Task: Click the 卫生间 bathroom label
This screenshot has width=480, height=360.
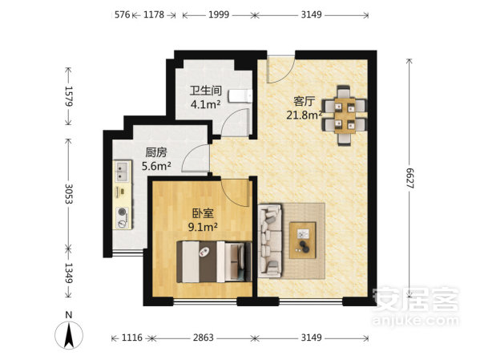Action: click(x=205, y=91)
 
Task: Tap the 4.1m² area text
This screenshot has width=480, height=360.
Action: click(x=205, y=104)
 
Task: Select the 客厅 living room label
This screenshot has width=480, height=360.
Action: click(x=304, y=101)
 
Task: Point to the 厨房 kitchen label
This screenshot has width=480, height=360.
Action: click(x=156, y=152)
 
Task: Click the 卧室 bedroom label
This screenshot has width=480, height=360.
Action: click(x=203, y=213)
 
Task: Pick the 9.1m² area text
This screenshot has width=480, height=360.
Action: click(x=203, y=227)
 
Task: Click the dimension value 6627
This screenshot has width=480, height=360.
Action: click(x=409, y=178)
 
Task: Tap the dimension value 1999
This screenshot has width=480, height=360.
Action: click(x=219, y=14)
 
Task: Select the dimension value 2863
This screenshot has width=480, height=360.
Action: click(x=204, y=338)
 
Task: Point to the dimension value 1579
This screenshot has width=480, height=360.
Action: click(x=69, y=96)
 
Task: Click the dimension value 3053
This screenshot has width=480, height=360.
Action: click(x=69, y=194)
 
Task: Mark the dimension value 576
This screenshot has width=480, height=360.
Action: click(x=122, y=14)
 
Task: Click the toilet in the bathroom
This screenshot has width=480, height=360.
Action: click(x=241, y=96)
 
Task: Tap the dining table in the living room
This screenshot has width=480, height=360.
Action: click(x=345, y=115)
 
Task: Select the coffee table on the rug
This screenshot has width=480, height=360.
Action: click(x=302, y=241)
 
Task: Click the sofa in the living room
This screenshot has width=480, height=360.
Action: click(x=270, y=241)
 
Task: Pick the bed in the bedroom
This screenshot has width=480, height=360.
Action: click(x=214, y=261)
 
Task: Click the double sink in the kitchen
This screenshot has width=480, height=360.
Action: click(x=122, y=172)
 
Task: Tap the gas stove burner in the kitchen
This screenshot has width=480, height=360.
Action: click(x=123, y=212)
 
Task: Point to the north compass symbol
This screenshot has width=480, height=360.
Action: click(x=69, y=334)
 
